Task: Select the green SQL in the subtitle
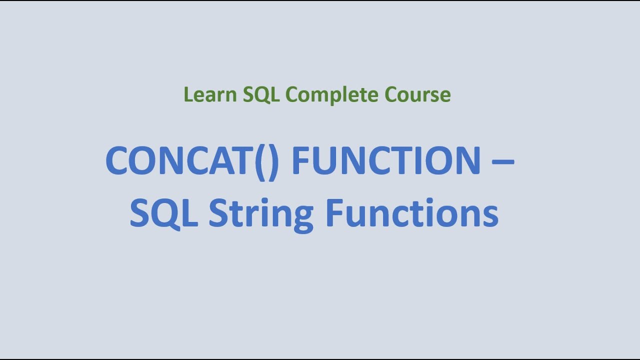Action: point(261,94)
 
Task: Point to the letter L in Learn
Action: point(188,94)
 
